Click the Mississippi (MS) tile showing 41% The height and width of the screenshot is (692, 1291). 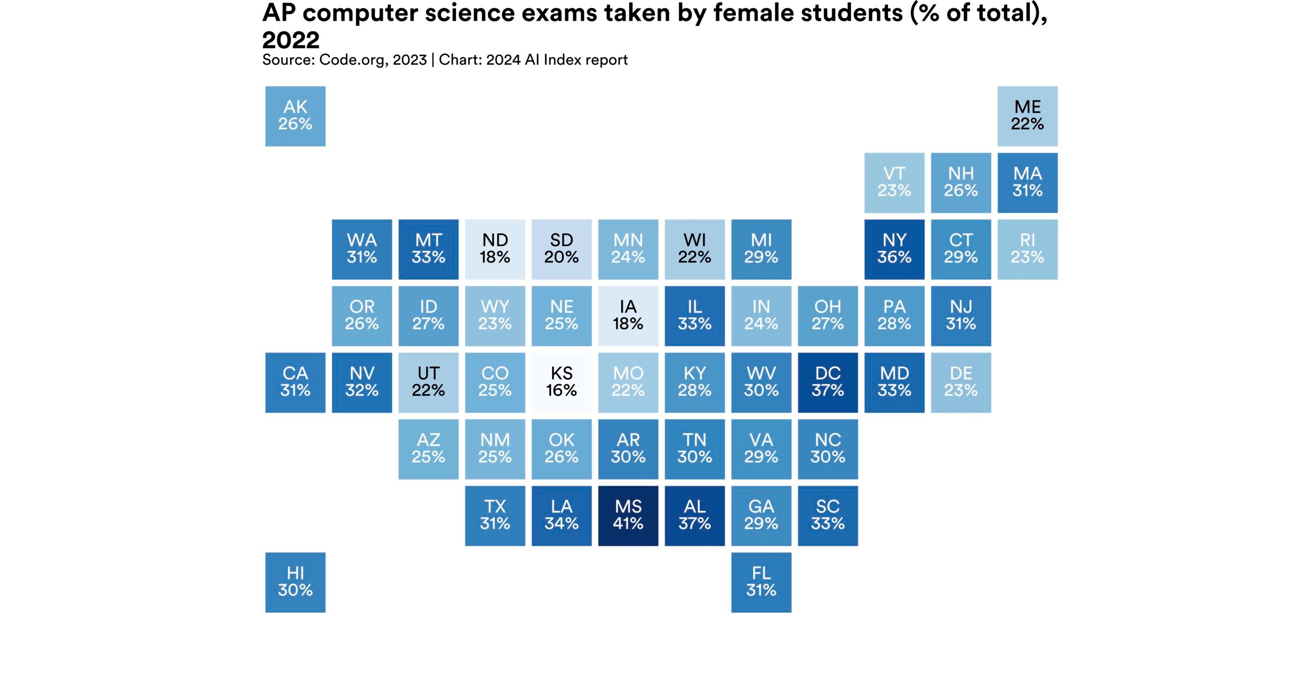[628, 515]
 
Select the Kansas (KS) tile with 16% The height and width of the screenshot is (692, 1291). [561, 382]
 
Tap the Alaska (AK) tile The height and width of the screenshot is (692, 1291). [295, 116]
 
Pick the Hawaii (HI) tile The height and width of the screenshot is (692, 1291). [295, 582]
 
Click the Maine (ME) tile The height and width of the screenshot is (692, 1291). [1027, 116]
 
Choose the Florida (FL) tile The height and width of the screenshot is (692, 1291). [761, 582]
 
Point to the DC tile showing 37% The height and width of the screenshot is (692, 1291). [828, 382]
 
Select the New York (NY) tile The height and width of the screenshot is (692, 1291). [894, 249]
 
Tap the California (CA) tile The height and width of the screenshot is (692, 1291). [295, 382]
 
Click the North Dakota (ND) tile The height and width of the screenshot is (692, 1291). [495, 249]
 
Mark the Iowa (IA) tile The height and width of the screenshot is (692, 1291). [628, 315]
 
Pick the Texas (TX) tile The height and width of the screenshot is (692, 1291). [495, 515]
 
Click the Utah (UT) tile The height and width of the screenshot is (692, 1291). [428, 382]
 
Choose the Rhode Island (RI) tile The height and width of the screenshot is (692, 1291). [1027, 249]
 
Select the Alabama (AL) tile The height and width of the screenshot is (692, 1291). [694, 515]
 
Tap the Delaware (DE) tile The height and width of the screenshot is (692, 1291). [961, 382]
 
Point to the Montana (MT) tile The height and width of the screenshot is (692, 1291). [428, 249]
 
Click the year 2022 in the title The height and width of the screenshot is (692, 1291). [291, 40]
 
